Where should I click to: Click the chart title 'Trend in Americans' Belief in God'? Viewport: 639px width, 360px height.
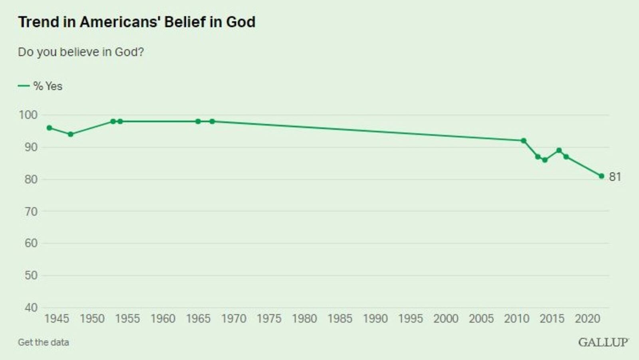[137, 22]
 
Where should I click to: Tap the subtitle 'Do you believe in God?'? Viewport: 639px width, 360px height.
[81, 52]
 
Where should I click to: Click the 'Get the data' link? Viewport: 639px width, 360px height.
[43, 342]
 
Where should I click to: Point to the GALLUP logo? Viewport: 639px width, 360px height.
[603, 342]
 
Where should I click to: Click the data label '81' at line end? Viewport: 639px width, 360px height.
[615, 177]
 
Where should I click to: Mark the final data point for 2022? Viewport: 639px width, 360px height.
[601, 176]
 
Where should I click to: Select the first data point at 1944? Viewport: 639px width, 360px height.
[50, 128]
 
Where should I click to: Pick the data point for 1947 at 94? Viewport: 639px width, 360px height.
[71, 134]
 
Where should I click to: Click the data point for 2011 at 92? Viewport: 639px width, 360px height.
[524, 140]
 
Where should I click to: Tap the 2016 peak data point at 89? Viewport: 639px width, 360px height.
[559, 150]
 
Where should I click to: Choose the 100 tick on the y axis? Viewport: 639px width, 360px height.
[28, 115]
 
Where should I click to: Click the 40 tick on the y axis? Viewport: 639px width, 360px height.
[31, 308]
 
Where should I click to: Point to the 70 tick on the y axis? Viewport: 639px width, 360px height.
[31, 212]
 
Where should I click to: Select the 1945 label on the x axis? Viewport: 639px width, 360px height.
[57, 319]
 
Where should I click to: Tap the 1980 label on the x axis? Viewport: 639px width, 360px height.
[304, 319]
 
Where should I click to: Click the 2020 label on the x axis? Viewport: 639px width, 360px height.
[587, 319]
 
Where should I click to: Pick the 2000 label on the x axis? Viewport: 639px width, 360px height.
[446, 319]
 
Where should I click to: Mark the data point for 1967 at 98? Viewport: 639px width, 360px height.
[212, 121]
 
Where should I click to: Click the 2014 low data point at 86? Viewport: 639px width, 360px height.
[545, 160]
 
